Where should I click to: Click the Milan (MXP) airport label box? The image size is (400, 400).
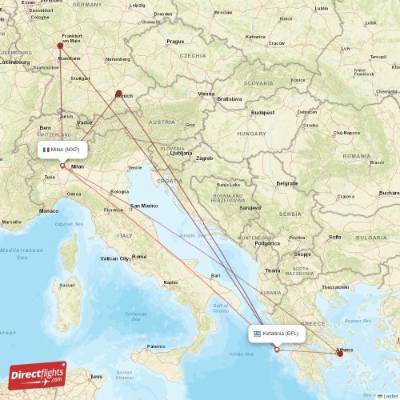(x=62, y=150)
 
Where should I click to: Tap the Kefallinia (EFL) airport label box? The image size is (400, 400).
(x=276, y=333)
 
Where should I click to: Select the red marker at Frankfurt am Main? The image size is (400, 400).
(x=60, y=46)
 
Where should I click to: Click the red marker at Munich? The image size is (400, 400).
(x=118, y=94)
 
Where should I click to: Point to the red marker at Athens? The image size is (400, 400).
(x=341, y=353)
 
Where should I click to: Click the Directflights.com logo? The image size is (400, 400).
(x=36, y=374)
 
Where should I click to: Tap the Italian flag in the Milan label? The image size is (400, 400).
(x=47, y=150)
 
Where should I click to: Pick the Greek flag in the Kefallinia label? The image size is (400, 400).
(x=257, y=333)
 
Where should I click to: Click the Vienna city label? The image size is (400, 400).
(x=207, y=94)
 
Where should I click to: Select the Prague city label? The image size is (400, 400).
(x=175, y=41)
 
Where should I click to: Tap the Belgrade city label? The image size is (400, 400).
(x=287, y=183)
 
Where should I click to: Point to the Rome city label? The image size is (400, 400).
(x=139, y=256)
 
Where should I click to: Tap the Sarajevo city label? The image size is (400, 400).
(x=250, y=207)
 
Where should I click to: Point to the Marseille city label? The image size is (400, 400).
(x=12, y=222)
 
